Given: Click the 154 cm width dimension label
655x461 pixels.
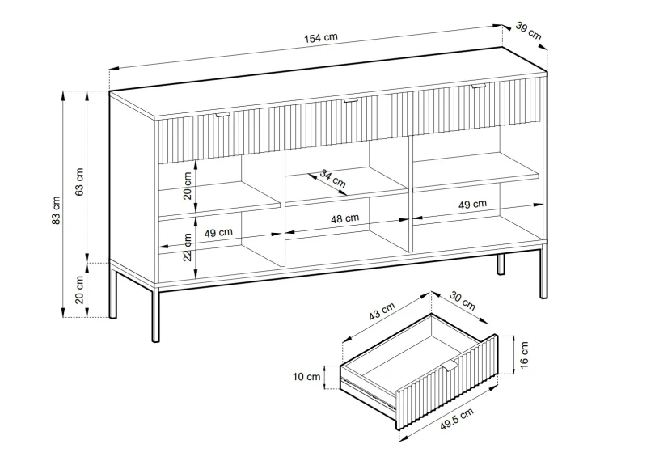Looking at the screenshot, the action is click(321, 38).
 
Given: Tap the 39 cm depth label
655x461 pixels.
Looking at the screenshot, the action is click(528, 32).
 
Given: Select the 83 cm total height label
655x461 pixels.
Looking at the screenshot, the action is click(56, 209).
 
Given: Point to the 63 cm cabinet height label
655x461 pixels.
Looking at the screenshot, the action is click(79, 181).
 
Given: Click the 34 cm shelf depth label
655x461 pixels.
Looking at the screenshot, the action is click(333, 179).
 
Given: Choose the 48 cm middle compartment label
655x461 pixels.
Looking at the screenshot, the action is click(345, 218).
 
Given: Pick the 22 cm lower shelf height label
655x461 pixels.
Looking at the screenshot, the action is click(188, 247).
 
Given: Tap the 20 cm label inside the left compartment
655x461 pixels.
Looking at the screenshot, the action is click(188, 186).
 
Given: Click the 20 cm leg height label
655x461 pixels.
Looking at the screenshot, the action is click(79, 290).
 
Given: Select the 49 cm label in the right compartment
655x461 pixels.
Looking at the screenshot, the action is click(472, 205).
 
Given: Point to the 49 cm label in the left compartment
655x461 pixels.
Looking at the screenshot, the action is click(218, 232).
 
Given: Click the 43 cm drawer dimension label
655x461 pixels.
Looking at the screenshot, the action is click(382, 311).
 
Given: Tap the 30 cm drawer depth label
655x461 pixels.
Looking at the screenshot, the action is click(463, 301).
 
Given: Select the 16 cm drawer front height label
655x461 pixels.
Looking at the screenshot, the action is click(525, 354).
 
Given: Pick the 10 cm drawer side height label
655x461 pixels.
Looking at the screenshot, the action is click(306, 377).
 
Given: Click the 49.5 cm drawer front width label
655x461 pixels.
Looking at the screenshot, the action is click(457, 419).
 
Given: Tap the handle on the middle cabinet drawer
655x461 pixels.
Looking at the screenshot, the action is click(350, 101).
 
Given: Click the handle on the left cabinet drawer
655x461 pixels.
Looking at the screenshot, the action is click(223, 115).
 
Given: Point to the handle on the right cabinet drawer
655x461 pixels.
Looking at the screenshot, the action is click(479, 87).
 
